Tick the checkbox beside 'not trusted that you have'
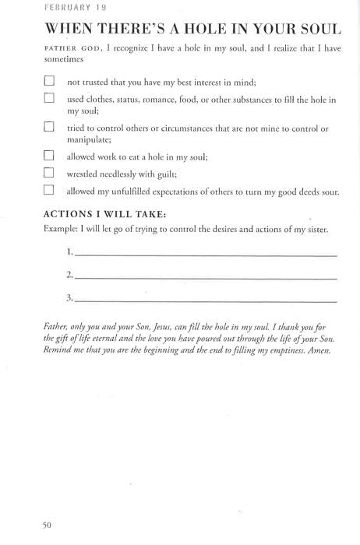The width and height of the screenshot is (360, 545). pos(49,80)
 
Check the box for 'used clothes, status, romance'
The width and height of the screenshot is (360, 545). pos(49,99)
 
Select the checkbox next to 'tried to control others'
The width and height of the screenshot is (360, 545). pos(49,127)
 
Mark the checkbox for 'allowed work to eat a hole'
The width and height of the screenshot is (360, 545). pos(49,155)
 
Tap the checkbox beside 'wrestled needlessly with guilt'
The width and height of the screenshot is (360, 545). pos(49,172)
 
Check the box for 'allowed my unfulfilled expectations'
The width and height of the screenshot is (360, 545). pos(49,189)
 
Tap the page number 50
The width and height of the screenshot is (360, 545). pos(47,525)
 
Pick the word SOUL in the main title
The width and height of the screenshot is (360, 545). pos(316,30)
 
